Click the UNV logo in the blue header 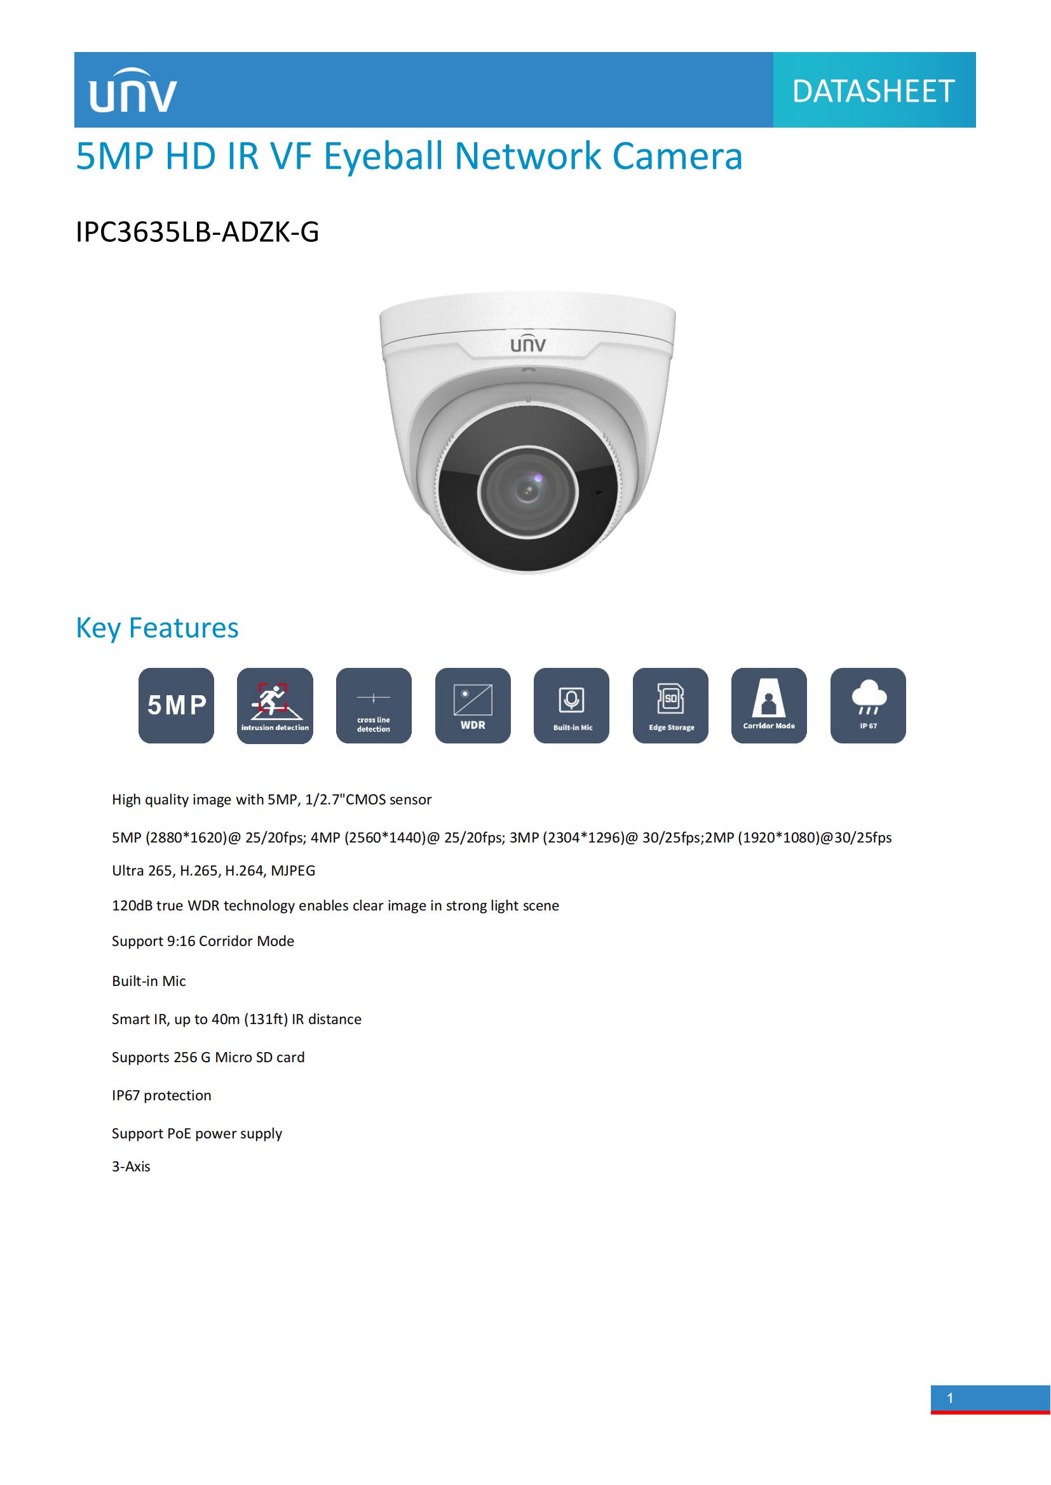coord(133,91)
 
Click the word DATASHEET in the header coord(873,91)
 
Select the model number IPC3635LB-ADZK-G coord(198,232)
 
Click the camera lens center coord(527,491)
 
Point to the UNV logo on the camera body coord(527,345)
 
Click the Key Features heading coord(157,628)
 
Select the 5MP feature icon coord(176,705)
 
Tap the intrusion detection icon coord(275,705)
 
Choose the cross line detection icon coord(374,705)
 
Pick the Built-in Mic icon coord(571,705)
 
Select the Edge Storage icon coord(670,705)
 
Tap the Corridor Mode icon coord(769,705)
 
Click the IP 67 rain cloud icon coord(868,705)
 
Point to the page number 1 coord(950,1398)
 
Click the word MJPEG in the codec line coord(293,871)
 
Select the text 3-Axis coord(131,1167)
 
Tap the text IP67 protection coord(161,1096)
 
